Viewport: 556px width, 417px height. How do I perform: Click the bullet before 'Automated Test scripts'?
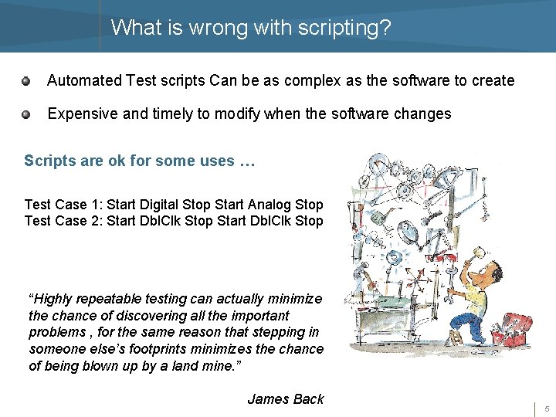coord(25,80)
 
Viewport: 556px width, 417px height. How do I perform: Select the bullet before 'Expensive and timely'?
coord(25,114)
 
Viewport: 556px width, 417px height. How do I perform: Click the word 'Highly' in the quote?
coord(56,299)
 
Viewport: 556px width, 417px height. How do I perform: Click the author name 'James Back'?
coord(285,399)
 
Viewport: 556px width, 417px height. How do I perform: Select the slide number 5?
coord(546,409)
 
